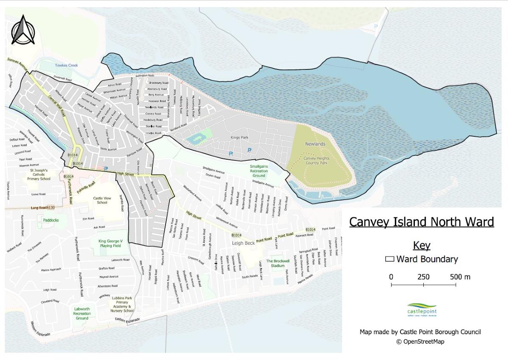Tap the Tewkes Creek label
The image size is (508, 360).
click(x=66, y=65)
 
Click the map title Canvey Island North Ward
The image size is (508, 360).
click(x=421, y=222)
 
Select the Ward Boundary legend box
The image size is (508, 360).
click(x=389, y=259)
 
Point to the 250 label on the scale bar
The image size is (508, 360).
click(x=423, y=277)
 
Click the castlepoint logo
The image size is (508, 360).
click(x=422, y=310)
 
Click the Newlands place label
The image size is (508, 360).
click(x=315, y=144)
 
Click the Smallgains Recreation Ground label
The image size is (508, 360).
click(x=259, y=171)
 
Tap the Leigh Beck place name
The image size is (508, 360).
click(x=243, y=243)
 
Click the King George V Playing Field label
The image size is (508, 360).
click(x=110, y=243)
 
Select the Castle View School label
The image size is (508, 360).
click(x=102, y=200)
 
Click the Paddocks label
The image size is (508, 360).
click(x=51, y=220)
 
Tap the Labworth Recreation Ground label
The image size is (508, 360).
click(x=82, y=313)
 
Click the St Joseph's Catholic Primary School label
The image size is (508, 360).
click(x=39, y=174)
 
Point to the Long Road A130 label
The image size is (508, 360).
click(x=43, y=208)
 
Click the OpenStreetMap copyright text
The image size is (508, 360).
click(x=420, y=341)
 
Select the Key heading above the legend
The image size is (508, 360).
click(x=421, y=245)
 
